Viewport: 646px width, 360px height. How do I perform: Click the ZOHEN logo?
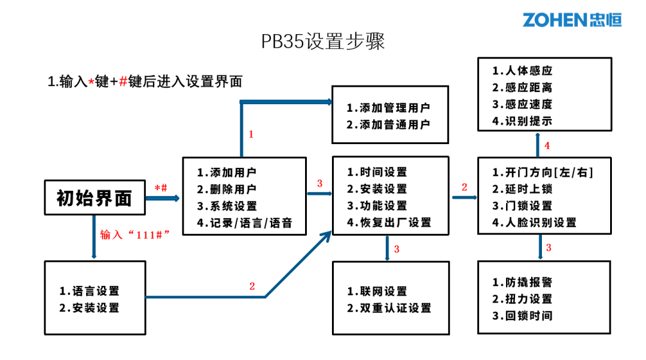[x=572, y=19]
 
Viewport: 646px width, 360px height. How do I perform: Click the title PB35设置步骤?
[x=322, y=42]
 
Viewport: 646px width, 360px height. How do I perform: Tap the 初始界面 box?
[x=95, y=197]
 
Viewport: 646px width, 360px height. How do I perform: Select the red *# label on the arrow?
[x=161, y=188]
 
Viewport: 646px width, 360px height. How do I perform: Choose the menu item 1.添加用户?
[x=227, y=172]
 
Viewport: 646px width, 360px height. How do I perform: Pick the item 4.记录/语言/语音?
[x=244, y=223]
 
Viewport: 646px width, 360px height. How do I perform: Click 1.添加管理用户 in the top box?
[x=388, y=108]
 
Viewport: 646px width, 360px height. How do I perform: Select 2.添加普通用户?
[x=388, y=125]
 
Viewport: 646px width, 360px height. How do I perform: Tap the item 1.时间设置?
[x=377, y=172]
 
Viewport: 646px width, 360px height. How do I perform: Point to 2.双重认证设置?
[x=389, y=308]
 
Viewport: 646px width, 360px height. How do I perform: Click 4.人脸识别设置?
[x=534, y=222]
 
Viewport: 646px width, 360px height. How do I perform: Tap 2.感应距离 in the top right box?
[x=522, y=87]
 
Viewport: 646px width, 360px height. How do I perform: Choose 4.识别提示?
[x=522, y=121]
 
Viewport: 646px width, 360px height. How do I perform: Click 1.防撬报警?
[x=522, y=282]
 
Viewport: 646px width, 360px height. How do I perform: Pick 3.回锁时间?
[x=522, y=316]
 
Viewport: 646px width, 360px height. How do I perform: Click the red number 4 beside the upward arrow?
[x=547, y=145]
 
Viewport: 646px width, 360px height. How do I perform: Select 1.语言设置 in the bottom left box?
[x=89, y=291]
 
